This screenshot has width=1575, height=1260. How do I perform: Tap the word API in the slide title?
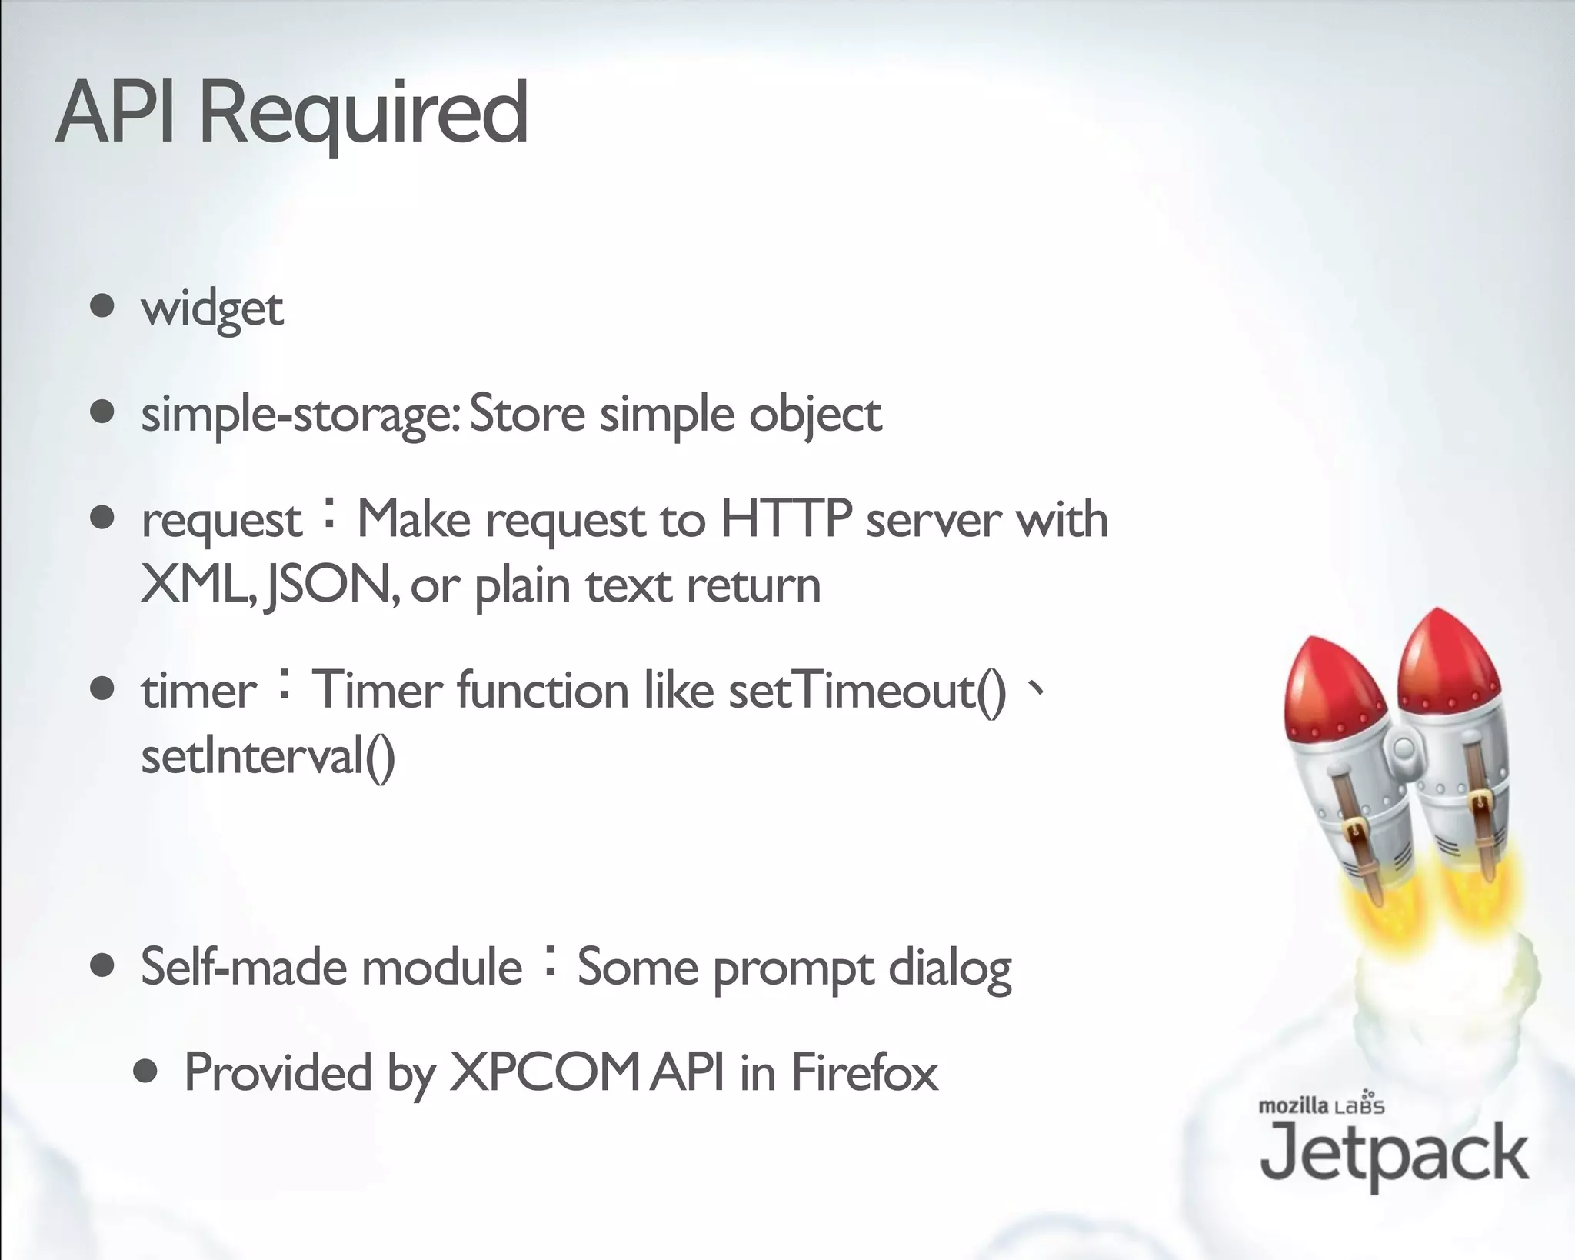pyautogui.click(x=115, y=114)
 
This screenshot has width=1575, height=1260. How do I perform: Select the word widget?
pyautogui.click(x=212, y=309)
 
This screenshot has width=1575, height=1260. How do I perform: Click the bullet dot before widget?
pyautogui.click(x=102, y=306)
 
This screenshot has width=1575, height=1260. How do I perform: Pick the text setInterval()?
pyautogui.click(x=268, y=757)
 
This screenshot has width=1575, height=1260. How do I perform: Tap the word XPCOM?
pyautogui.click(x=544, y=1072)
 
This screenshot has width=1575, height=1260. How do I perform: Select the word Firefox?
pyautogui.click(x=864, y=1072)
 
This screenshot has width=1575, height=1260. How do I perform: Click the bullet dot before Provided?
pyautogui.click(x=145, y=1072)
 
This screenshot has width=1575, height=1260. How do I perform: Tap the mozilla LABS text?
pyautogui.click(x=1321, y=1105)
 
